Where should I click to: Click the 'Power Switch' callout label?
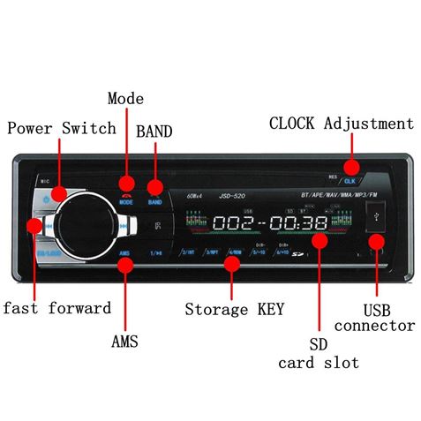point(62,129)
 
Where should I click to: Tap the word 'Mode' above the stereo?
point(125,99)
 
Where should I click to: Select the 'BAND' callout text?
point(154,132)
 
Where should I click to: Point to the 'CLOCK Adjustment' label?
point(341,124)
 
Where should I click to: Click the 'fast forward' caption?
point(56,308)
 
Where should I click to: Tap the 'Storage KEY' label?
point(234,310)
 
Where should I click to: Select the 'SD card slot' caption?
point(319,353)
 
